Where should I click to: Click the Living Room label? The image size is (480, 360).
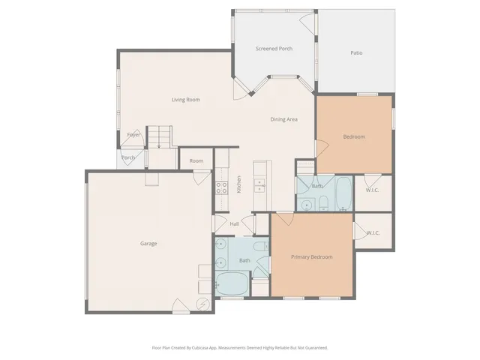click(x=185, y=100)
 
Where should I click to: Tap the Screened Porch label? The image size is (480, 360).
click(x=274, y=49)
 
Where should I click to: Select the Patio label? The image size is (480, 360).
click(x=356, y=53)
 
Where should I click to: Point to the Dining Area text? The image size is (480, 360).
click(x=284, y=119)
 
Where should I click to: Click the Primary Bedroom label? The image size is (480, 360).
click(x=311, y=257)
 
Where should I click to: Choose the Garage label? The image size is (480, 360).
click(x=148, y=244)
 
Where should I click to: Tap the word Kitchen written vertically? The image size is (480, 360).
click(x=238, y=184)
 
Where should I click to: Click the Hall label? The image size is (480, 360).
click(x=234, y=224)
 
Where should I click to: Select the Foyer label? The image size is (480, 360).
click(x=133, y=135)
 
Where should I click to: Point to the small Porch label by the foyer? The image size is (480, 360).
click(x=128, y=158)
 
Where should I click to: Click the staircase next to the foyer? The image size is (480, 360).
click(x=159, y=136)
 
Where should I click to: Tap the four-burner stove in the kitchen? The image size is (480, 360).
click(x=222, y=187)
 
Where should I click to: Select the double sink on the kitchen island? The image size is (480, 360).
click(x=259, y=184)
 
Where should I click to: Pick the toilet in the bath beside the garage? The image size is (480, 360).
click(x=259, y=247)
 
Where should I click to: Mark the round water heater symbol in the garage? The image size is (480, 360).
click(x=202, y=304)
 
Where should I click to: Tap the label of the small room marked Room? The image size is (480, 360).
click(x=196, y=161)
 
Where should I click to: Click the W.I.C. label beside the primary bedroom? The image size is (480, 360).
click(x=373, y=233)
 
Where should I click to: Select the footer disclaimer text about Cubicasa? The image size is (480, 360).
click(x=240, y=347)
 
